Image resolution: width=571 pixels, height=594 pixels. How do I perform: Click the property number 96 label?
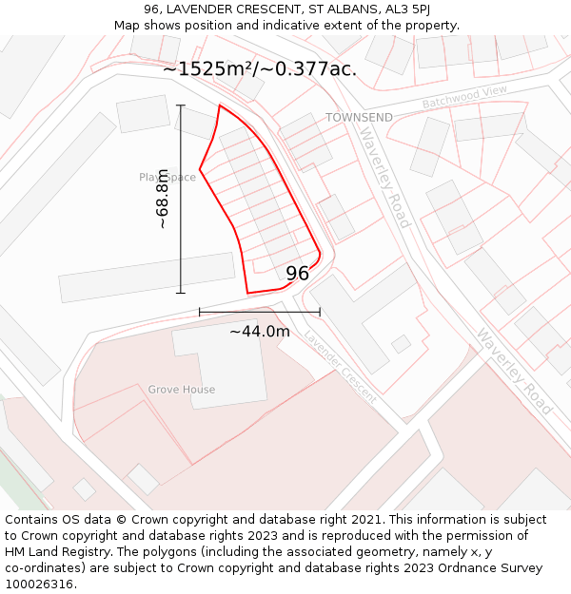point(297,274)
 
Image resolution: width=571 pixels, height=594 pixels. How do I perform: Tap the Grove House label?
point(181,390)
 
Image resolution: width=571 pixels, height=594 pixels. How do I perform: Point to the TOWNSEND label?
point(359,117)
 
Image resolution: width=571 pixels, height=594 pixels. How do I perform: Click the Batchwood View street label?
point(465,97)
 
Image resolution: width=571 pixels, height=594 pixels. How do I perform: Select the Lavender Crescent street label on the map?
point(341,367)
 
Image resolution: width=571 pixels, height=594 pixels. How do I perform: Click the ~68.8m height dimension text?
point(163,199)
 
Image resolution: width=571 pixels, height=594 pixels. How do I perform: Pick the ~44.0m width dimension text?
point(259,332)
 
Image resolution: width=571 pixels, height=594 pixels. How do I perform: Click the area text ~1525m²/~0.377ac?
point(259,68)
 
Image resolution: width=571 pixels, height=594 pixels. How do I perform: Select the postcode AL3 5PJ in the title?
point(404,10)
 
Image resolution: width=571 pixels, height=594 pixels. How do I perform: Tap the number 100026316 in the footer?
point(39,584)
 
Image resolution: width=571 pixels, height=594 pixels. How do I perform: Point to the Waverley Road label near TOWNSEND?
point(384,178)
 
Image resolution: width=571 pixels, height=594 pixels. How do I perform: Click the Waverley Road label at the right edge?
point(514,371)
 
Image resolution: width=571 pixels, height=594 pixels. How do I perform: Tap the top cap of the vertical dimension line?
point(181,105)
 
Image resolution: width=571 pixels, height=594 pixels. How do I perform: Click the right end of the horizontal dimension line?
point(320,312)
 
